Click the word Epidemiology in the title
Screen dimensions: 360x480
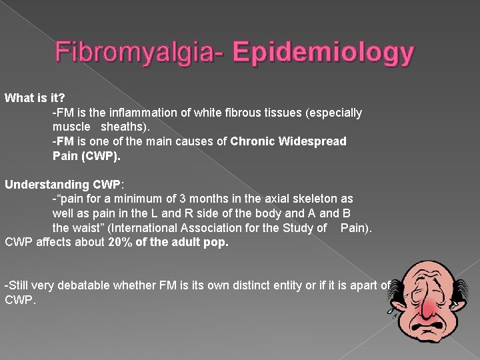(x=325, y=53)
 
